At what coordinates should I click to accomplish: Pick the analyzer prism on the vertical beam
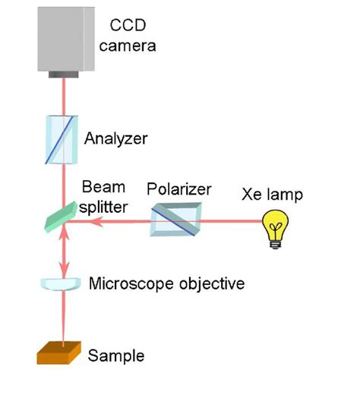[58, 139]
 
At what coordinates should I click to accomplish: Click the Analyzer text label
[116, 139]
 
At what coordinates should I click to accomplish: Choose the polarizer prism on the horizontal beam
[175, 221]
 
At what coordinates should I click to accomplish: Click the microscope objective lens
[58, 283]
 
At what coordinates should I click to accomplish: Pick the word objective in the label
[209, 284]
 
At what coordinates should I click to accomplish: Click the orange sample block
[58, 354]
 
